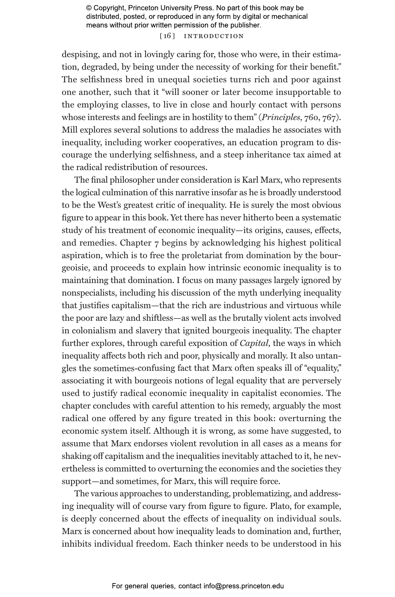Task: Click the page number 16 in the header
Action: [x=167, y=36]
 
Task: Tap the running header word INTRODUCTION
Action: [x=213, y=36]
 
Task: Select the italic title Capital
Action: [x=254, y=343]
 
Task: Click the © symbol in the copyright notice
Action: [x=89, y=8]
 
